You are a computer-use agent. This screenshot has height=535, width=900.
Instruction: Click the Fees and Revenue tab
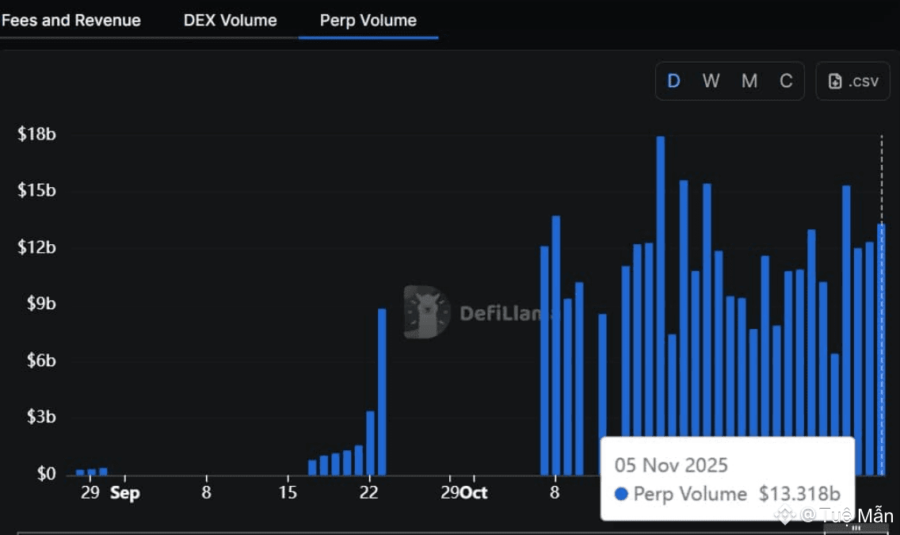(x=71, y=21)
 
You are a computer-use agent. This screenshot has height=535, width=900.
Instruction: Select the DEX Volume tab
(x=231, y=21)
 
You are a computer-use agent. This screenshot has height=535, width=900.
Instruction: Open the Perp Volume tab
(x=368, y=21)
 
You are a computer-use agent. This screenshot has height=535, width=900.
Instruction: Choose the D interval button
(x=674, y=81)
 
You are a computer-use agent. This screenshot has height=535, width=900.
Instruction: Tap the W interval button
(x=711, y=81)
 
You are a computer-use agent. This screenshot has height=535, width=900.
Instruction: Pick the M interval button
(x=749, y=81)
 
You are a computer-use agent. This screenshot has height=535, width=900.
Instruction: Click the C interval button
(x=786, y=81)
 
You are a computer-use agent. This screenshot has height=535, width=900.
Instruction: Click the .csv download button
(x=853, y=81)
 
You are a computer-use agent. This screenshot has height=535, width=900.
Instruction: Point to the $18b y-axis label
(x=37, y=134)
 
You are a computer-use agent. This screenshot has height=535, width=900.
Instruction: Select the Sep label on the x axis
(x=124, y=493)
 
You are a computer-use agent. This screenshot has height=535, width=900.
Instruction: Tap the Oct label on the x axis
(x=474, y=493)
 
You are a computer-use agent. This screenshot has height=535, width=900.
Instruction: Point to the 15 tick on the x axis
(x=288, y=493)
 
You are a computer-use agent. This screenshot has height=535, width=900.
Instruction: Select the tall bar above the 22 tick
(x=382, y=392)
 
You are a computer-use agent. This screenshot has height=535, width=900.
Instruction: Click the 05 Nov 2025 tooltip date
(x=671, y=465)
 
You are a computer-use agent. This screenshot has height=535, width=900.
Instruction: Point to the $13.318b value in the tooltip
(x=799, y=495)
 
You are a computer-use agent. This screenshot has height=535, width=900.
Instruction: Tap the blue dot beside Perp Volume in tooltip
(x=621, y=495)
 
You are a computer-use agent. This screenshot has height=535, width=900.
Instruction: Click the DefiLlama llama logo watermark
(x=426, y=312)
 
